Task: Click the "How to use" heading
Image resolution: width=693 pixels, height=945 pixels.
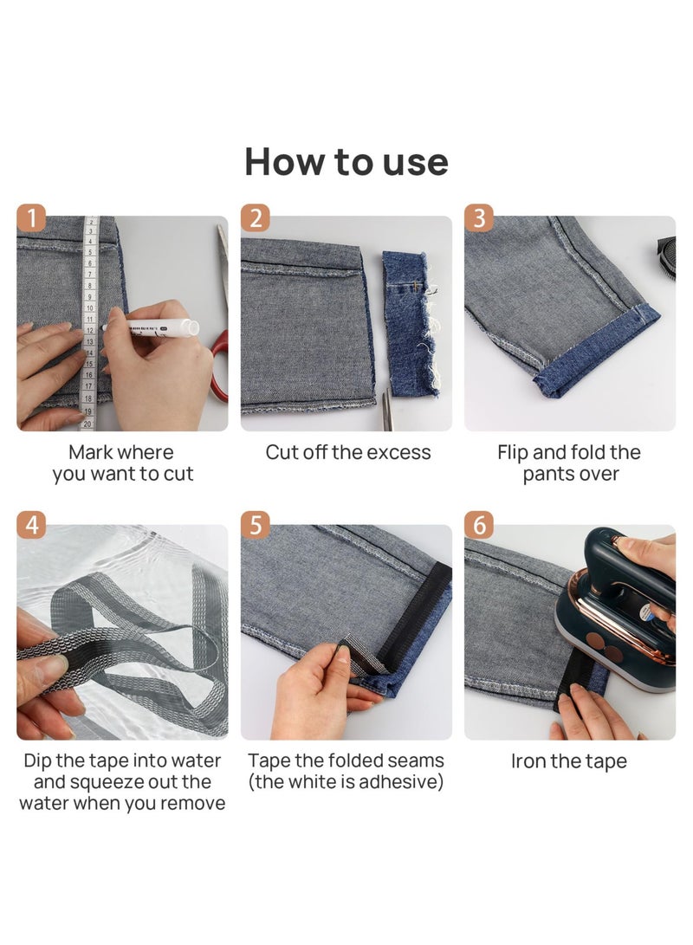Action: pyautogui.click(x=346, y=162)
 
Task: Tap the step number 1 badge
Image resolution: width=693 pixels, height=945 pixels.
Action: pyautogui.click(x=32, y=217)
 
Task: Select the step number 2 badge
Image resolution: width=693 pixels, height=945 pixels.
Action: pyautogui.click(x=255, y=217)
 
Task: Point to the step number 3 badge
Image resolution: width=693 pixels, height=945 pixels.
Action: pyautogui.click(x=479, y=217)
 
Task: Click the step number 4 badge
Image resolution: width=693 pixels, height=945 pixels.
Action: pyautogui.click(x=32, y=526)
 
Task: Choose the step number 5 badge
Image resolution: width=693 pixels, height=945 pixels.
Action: pyautogui.click(x=255, y=526)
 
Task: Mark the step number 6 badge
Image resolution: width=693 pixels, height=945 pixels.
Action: pyautogui.click(x=479, y=526)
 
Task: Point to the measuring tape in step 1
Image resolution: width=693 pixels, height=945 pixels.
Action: pyautogui.click(x=89, y=320)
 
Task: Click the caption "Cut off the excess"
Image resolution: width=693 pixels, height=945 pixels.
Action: pyautogui.click(x=347, y=452)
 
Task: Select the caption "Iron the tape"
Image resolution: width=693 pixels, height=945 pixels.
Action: pyautogui.click(x=569, y=761)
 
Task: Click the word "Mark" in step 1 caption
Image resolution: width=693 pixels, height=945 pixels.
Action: pyautogui.click(x=90, y=452)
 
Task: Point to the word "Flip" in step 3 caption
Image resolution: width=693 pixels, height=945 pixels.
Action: pyautogui.click(x=515, y=452)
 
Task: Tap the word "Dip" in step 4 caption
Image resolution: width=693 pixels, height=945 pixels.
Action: pyautogui.click(x=41, y=761)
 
